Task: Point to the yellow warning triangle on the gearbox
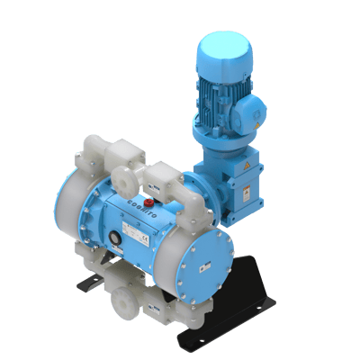pos(245,171)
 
